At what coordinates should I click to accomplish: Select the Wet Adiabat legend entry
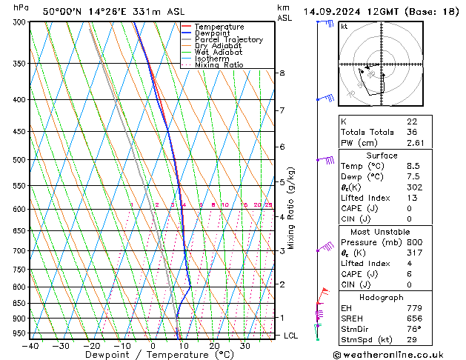216,52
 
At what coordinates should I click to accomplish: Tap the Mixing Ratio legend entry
219,64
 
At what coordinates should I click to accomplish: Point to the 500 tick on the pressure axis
20,159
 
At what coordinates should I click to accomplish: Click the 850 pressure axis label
20,303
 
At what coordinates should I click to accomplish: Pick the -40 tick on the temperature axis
30,346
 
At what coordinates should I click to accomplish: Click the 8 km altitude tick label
282,73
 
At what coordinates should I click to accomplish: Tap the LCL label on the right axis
291,336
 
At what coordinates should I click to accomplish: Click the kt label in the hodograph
344,26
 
